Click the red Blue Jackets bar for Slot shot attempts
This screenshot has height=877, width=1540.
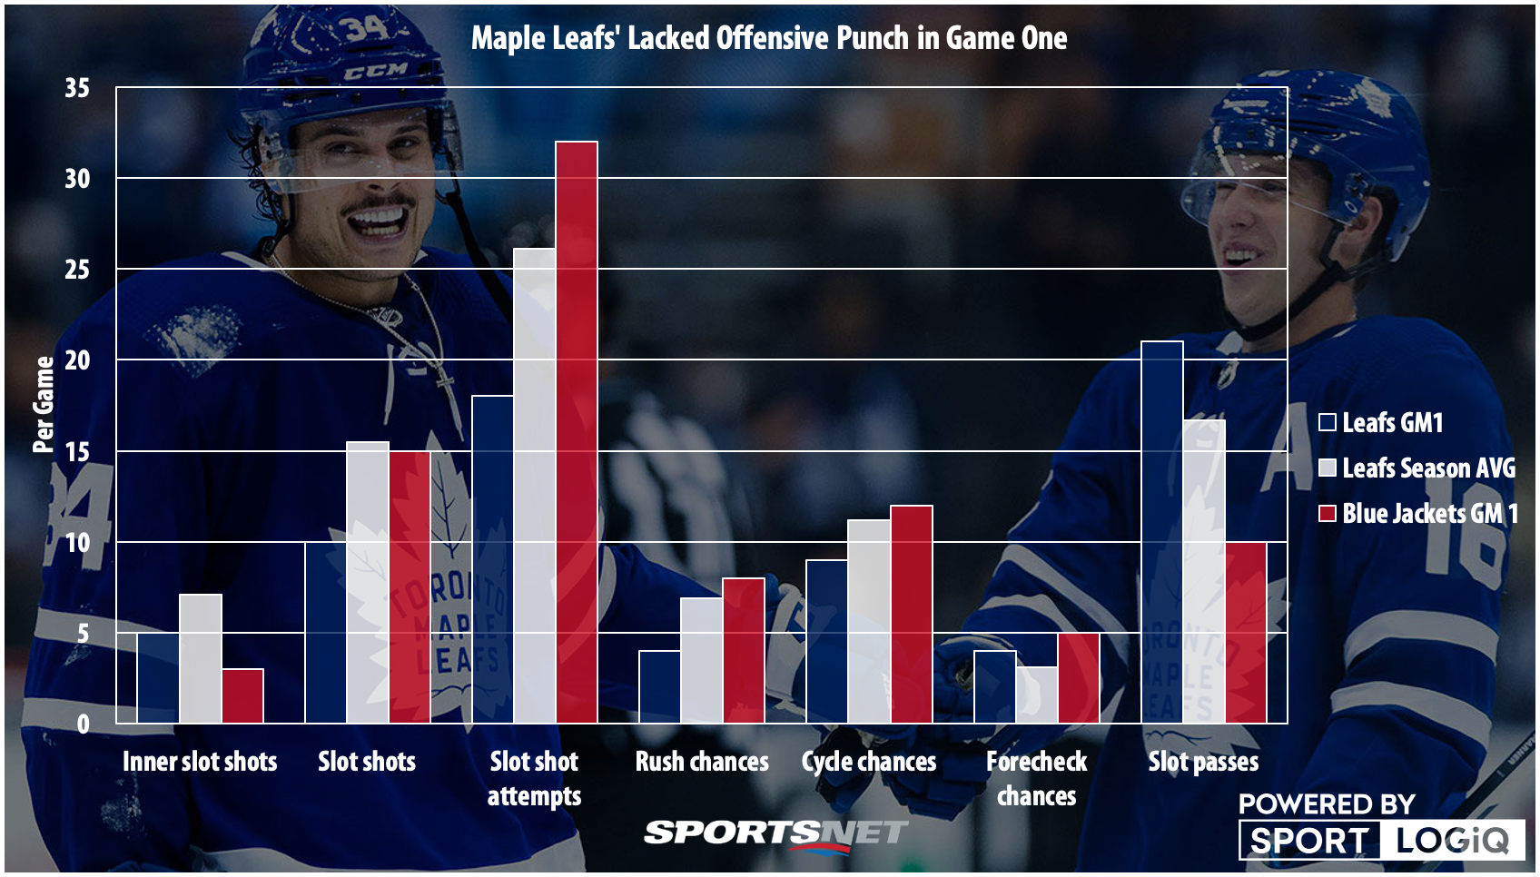point(577,432)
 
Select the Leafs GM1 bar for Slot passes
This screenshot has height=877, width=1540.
point(1161,532)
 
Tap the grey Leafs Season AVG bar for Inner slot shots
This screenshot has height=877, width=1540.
point(201,659)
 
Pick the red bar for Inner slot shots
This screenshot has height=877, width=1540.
point(242,696)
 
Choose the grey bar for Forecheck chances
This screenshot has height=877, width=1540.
point(1036,695)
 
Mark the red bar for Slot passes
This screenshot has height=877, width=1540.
point(1245,633)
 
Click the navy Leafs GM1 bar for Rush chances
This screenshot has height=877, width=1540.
point(660,687)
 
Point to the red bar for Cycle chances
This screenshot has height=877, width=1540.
point(911,615)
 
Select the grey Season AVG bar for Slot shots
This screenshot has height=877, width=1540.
point(368,582)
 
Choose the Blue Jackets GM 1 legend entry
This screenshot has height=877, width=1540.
point(1418,514)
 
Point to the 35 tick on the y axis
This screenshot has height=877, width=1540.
point(77,88)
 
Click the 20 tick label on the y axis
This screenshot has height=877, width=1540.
point(77,360)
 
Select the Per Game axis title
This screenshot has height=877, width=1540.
point(43,405)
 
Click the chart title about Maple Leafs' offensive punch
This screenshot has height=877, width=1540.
point(769,38)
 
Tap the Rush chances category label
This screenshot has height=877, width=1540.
point(702,762)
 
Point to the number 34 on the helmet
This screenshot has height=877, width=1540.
point(365,28)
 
